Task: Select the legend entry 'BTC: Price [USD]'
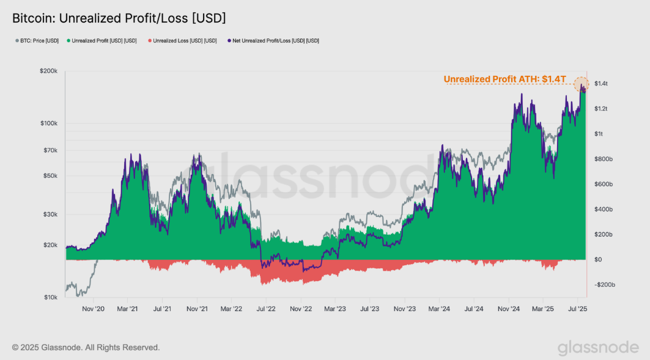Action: [37, 41]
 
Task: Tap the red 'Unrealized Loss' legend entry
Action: [182, 41]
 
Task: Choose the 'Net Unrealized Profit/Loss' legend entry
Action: [273, 41]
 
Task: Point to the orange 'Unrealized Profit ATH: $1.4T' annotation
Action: [504, 79]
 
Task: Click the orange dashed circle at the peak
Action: [582, 85]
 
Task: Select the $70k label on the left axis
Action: [49, 150]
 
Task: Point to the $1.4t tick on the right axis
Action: [601, 83]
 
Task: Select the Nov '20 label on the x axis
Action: [94, 309]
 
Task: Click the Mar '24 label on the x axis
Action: [440, 309]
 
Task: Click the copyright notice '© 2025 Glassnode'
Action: [86, 347]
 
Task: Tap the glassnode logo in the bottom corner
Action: [598, 347]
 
